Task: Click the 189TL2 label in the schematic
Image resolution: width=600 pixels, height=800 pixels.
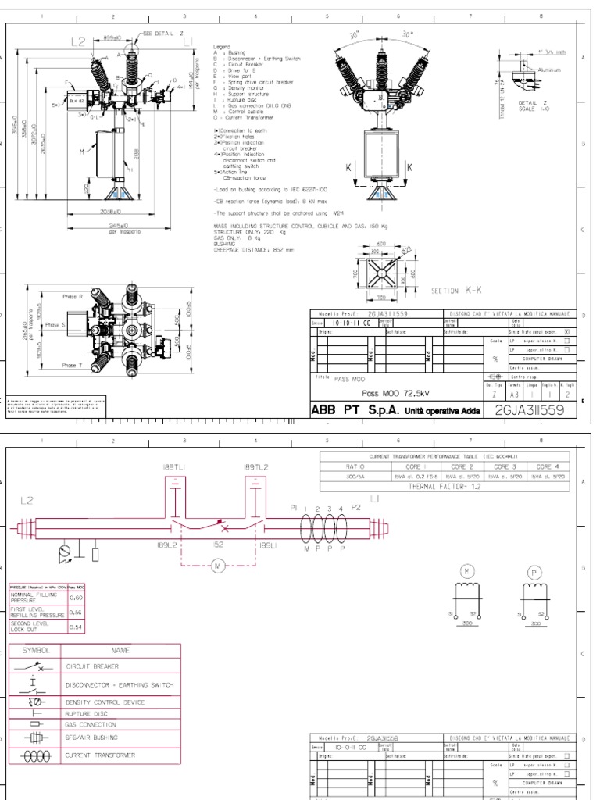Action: [255, 467]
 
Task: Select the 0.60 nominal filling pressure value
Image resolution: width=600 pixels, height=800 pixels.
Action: [77, 598]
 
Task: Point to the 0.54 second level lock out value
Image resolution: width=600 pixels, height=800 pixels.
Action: [77, 627]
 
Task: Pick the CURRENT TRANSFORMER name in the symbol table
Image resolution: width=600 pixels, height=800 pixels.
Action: [99, 755]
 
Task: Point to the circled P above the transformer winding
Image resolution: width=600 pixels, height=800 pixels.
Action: [536, 573]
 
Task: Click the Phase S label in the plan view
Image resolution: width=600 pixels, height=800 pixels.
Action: [53, 324]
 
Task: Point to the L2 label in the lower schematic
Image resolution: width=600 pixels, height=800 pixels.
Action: [26, 500]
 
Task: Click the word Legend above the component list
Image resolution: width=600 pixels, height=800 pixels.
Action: [223, 48]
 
